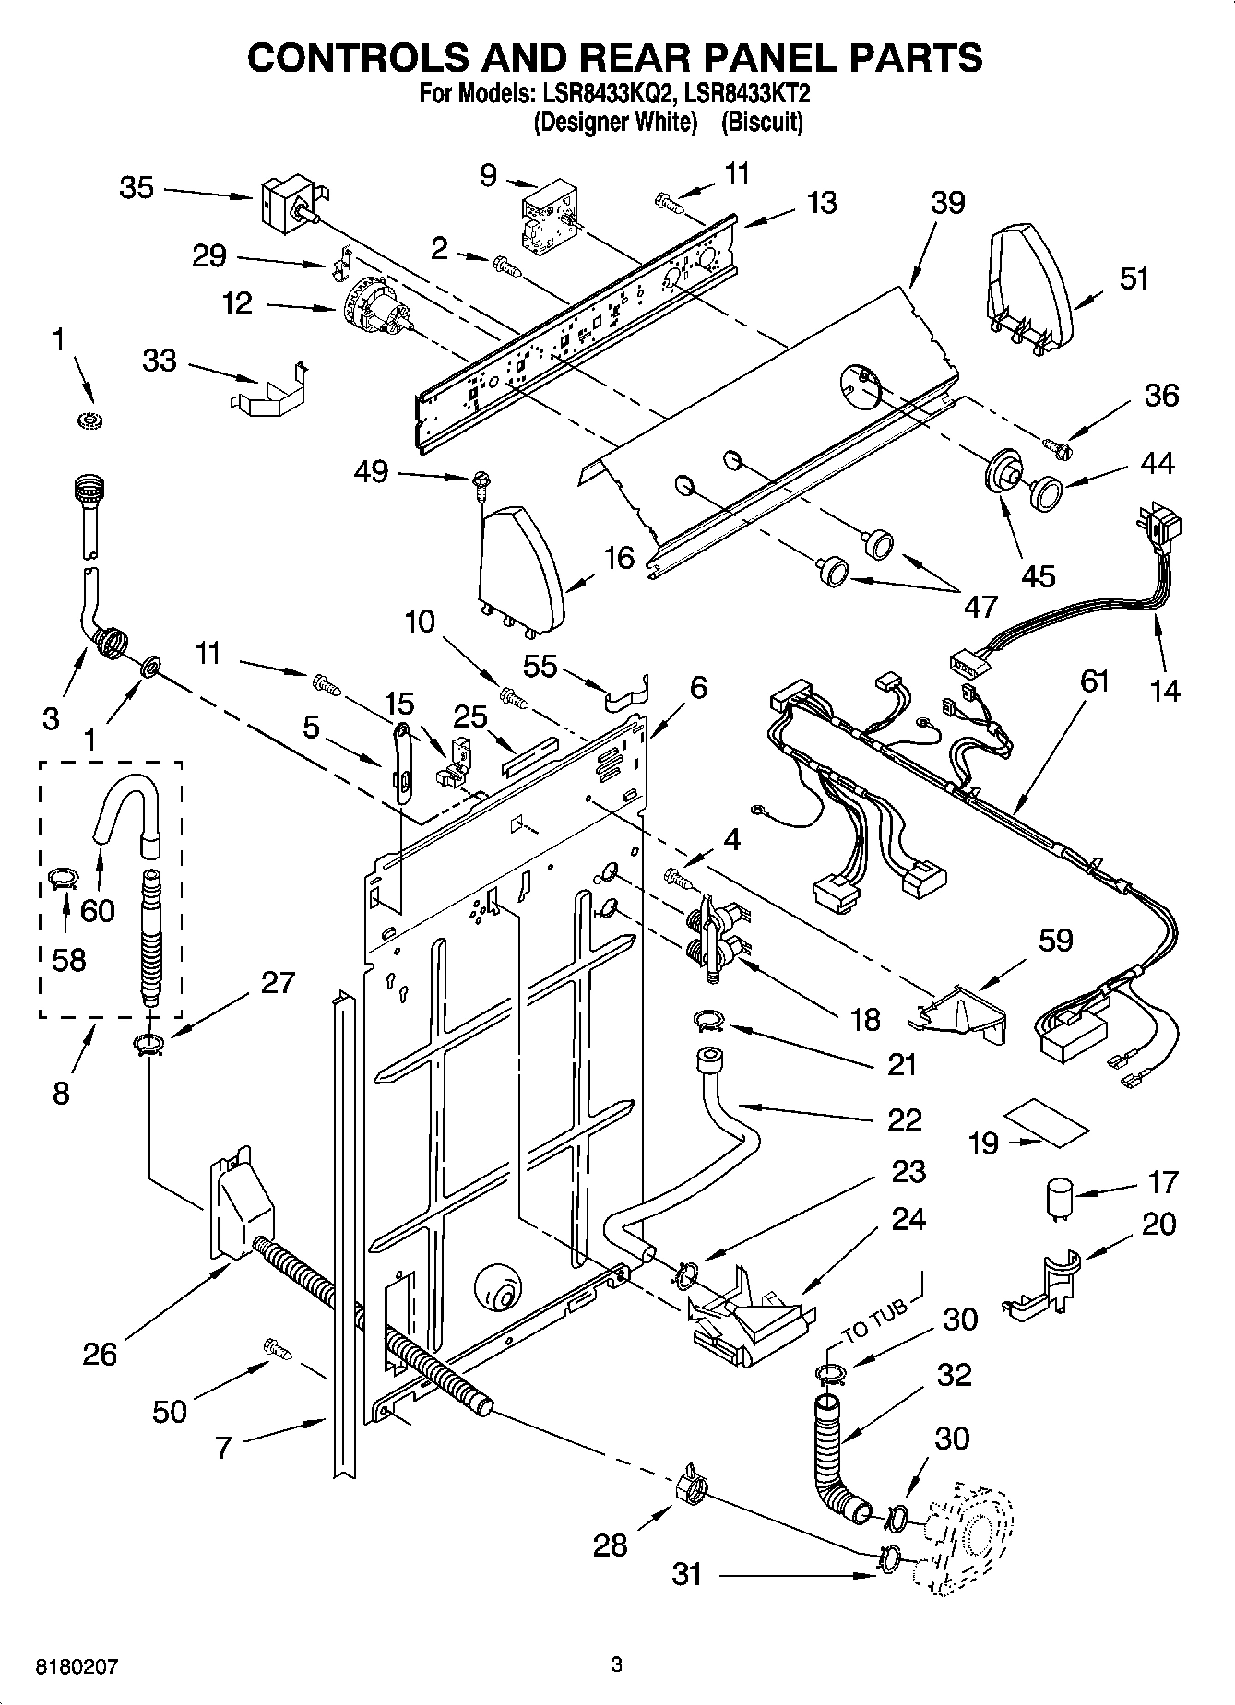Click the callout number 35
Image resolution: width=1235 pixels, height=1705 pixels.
click(x=137, y=188)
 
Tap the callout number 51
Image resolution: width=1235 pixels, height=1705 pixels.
click(x=1134, y=278)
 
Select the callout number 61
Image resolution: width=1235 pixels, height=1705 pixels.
click(x=1094, y=681)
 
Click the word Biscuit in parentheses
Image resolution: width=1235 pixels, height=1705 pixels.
click(x=761, y=122)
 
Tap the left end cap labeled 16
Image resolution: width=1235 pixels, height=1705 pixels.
click(x=519, y=567)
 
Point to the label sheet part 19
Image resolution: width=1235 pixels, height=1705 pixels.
click(x=1048, y=1122)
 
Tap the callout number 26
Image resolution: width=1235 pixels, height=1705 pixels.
click(x=100, y=1353)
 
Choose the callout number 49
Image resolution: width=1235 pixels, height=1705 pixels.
click(x=372, y=472)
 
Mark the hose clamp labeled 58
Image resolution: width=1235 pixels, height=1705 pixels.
click(x=62, y=878)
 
